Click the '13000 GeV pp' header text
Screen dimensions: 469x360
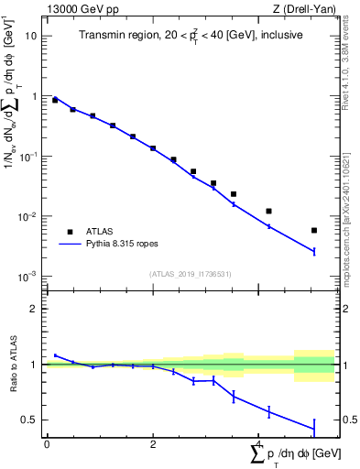pos(80,8)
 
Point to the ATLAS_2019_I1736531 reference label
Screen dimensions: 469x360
pos(191,273)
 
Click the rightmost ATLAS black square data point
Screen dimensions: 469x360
pos(313,231)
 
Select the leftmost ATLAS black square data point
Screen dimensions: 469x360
pos(55,100)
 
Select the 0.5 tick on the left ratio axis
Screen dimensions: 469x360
pos(33,420)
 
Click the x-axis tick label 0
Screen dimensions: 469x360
pos(47,443)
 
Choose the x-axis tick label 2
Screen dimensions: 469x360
pos(153,443)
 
